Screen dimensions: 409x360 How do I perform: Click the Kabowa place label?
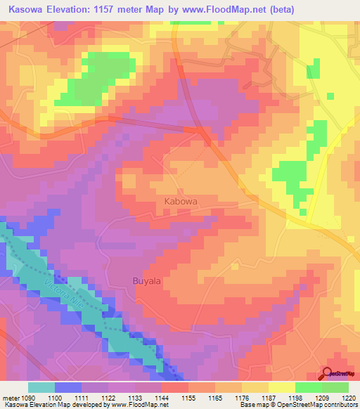pos(180,200)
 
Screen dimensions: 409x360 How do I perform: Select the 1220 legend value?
pos(348,397)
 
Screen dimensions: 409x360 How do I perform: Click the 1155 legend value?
pos(188,397)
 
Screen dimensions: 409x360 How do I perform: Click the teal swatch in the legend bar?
pos(41,387)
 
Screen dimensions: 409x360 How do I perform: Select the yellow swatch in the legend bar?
pos(282,387)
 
